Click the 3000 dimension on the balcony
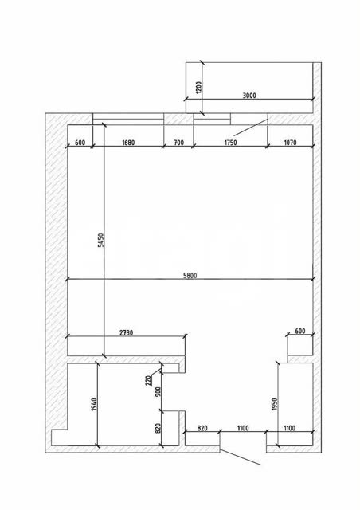tap(249, 96)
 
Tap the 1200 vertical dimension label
tap(199, 87)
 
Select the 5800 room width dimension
tap(190, 276)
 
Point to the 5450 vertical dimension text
tap(101, 241)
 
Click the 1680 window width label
tap(128, 143)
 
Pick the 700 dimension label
tap(179, 143)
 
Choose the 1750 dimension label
tap(230, 143)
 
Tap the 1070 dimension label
tap(290, 143)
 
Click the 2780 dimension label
tap(126, 333)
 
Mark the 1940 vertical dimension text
tap(94, 404)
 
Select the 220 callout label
tap(149, 380)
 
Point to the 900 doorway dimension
tap(158, 392)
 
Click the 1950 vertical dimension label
tap(274, 404)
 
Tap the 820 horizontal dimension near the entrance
tap(202, 428)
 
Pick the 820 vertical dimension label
tap(158, 428)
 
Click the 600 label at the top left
tap(80, 143)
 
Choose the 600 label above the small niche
tap(299, 331)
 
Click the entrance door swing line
tap(241, 457)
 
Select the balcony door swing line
tap(251, 127)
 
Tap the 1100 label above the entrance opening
tap(243, 428)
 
